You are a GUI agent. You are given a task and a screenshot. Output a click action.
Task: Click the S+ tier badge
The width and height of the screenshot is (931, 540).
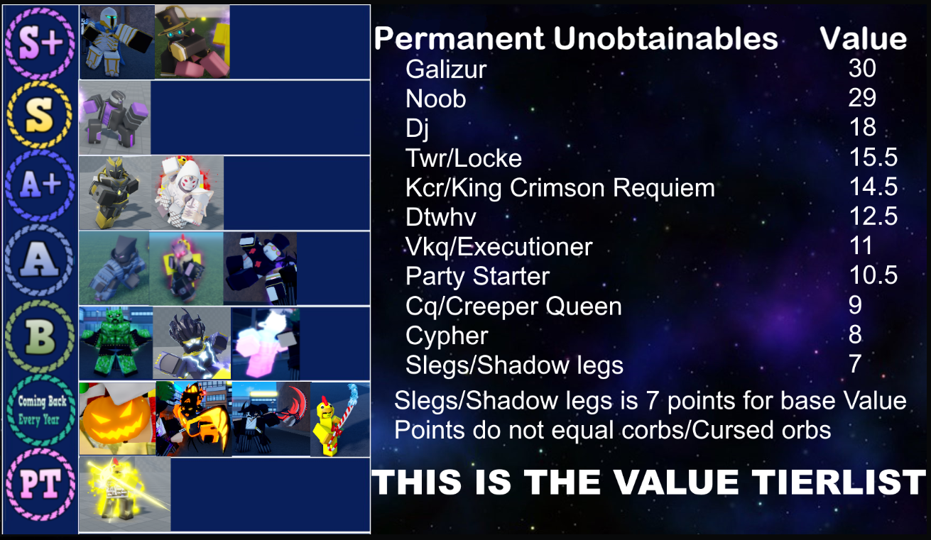point(40,43)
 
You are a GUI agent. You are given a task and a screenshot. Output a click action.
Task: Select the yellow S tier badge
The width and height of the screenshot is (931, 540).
point(40,115)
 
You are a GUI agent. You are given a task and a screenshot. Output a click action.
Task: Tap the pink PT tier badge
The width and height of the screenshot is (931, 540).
point(40,485)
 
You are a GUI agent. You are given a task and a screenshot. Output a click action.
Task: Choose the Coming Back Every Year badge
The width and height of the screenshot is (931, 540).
point(40,410)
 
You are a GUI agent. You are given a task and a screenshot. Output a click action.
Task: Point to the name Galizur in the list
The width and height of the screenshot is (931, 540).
point(446,69)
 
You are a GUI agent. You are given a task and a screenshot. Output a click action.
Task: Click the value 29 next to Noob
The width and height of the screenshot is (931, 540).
point(862,98)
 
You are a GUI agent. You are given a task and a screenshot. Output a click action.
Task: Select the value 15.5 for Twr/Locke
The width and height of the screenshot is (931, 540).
point(873,157)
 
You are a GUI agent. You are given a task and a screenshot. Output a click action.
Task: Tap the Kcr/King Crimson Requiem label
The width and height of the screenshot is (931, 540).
point(560,188)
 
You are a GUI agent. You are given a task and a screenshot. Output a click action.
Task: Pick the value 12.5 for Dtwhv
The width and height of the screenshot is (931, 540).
point(873,216)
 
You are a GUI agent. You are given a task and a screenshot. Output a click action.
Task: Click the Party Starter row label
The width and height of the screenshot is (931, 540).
point(477,276)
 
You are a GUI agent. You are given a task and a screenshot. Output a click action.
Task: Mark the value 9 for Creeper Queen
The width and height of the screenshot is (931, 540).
point(855,305)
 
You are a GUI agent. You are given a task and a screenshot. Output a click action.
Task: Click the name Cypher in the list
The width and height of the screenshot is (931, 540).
point(447,336)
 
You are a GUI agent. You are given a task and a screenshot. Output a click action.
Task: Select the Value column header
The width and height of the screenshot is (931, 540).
point(863,38)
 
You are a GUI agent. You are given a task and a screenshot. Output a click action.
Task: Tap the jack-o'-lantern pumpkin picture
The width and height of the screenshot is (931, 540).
point(117,419)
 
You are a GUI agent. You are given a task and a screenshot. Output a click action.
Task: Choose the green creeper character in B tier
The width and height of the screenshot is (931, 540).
point(116,343)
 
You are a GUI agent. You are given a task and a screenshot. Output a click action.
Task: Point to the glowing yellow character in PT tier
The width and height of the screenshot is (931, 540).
point(125,495)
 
